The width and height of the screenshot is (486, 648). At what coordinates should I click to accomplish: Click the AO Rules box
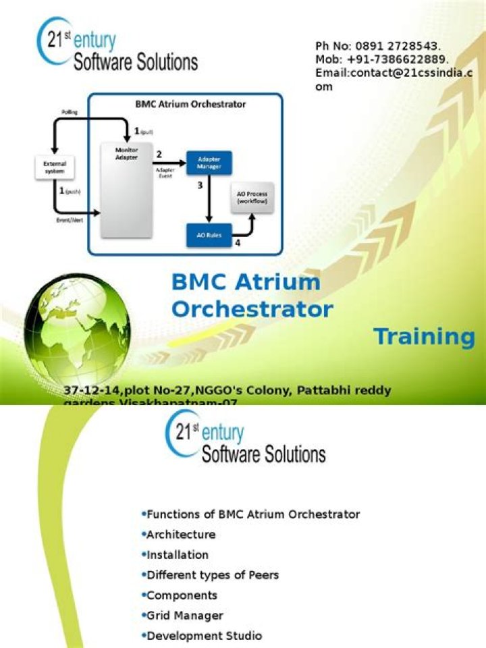pyautogui.click(x=209, y=236)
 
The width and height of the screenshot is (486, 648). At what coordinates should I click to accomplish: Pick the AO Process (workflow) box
pyautogui.click(x=252, y=198)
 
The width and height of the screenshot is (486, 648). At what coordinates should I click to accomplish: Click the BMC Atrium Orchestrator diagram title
pyautogui.click(x=190, y=105)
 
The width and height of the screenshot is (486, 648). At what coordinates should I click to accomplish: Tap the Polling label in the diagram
pyautogui.click(x=70, y=112)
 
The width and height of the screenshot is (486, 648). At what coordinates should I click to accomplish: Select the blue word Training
pyautogui.click(x=425, y=337)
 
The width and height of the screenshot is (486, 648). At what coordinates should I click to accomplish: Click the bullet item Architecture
pyautogui.click(x=181, y=535)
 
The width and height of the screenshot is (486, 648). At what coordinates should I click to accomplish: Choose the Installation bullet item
pyautogui.click(x=178, y=555)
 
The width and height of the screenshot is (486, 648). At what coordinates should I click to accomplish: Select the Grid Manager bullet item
pyautogui.click(x=185, y=616)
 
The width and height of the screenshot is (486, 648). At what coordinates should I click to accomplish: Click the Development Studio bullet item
pyautogui.click(x=204, y=636)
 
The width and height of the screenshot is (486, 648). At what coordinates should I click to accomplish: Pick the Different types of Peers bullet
pyautogui.click(x=213, y=575)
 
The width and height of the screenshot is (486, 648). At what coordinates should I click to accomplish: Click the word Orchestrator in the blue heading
pyautogui.click(x=252, y=309)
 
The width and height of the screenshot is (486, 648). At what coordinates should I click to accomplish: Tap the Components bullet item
pyautogui.click(x=182, y=595)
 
